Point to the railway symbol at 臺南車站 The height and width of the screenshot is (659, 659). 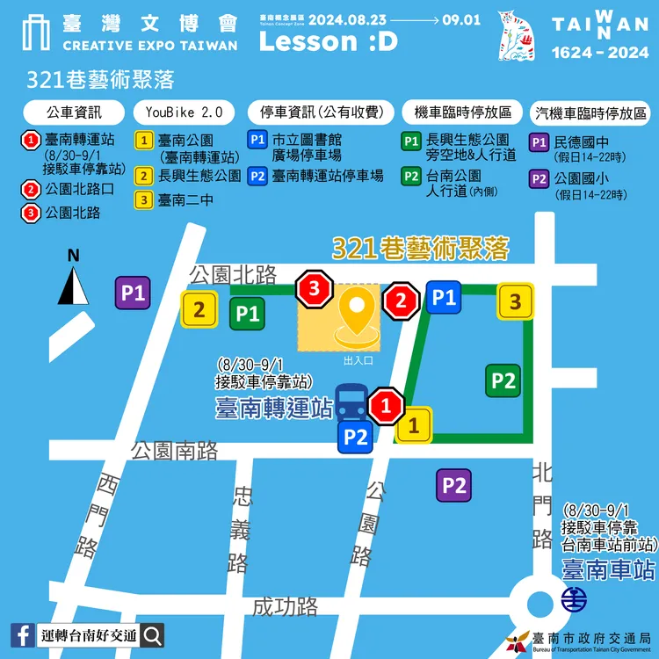click(x=575, y=601)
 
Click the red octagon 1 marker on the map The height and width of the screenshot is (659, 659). click(x=385, y=406)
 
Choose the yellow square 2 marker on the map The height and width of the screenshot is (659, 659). click(x=199, y=309)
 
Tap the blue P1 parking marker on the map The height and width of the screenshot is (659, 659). click(x=444, y=298)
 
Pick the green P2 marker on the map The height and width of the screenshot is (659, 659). click(x=503, y=380)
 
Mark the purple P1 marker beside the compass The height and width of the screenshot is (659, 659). click(x=134, y=293)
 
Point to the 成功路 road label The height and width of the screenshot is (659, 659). click(x=285, y=605)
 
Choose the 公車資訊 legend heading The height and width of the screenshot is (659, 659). click(x=74, y=112)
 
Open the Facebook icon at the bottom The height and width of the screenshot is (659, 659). click(x=23, y=634)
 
